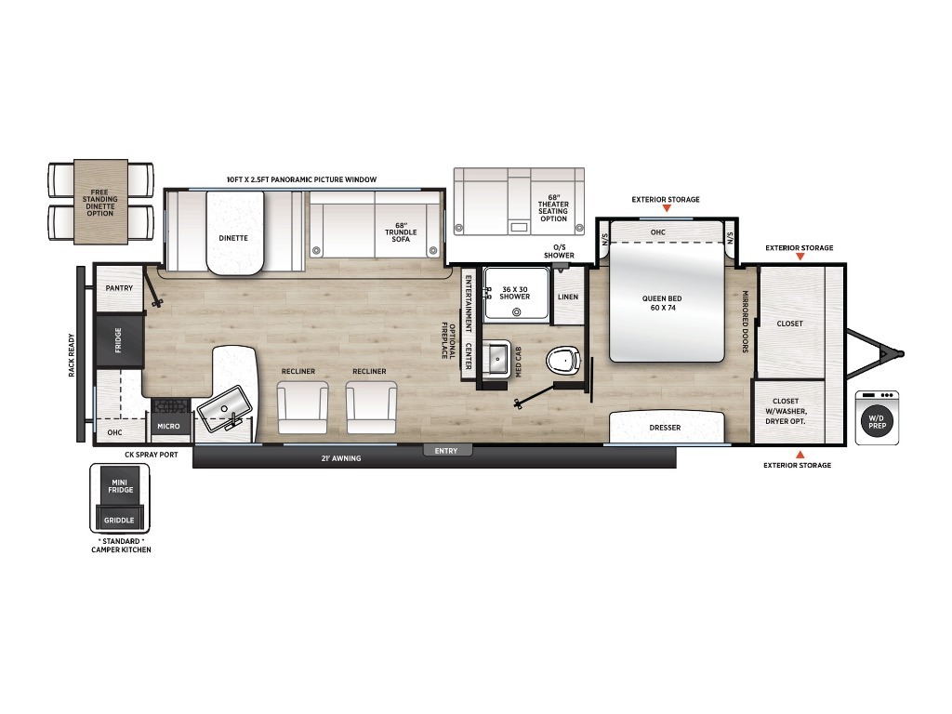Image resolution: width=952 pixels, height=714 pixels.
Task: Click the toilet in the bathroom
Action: pyautogui.click(x=562, y=361)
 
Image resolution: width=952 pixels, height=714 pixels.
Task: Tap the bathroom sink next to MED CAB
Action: pyautogui.click(x=497, y=359)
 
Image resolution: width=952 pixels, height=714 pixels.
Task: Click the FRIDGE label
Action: pyautogui.click(x=118, y=340)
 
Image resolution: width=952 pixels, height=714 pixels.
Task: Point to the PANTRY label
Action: pyautogui.click(x=119, y=288)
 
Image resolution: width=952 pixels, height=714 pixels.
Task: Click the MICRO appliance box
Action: pyautogui.click(x=168, y=426)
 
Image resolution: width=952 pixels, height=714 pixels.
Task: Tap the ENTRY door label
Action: pyautogui.click(x=446, y=451)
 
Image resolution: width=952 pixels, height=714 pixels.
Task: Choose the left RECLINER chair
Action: pyautogui.click(x=302, y=407)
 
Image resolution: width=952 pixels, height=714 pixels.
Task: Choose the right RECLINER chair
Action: pyautogui.click(x=372, y=407)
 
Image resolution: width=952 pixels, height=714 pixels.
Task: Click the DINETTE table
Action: pyautogui.click(x=235, y=233)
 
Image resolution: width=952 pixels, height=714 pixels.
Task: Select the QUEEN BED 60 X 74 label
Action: pyautogui.click(x=662, y=303)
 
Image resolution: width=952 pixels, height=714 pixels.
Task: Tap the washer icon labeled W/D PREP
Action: pyautogui.click(x=877, y=418)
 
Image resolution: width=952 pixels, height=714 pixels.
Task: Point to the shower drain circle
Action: pyautogui.click(x=517, y=312)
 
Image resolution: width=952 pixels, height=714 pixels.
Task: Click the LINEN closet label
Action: pyautogui.click(x=568, y=297)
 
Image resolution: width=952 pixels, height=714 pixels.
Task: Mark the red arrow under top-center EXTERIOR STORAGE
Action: pyautogui.click(x=666, y=208)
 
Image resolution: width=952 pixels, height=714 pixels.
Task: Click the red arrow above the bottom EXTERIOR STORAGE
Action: pyautogui.click(x=800, y=454)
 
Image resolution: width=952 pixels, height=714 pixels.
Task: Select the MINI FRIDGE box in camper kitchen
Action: pyautogui.click(x=121, y=485)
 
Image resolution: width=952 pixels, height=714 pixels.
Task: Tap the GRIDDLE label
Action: pyautogui.click(x=119, y=521)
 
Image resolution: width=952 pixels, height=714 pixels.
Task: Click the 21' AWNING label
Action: pyautogui.click(x=341, y=458)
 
